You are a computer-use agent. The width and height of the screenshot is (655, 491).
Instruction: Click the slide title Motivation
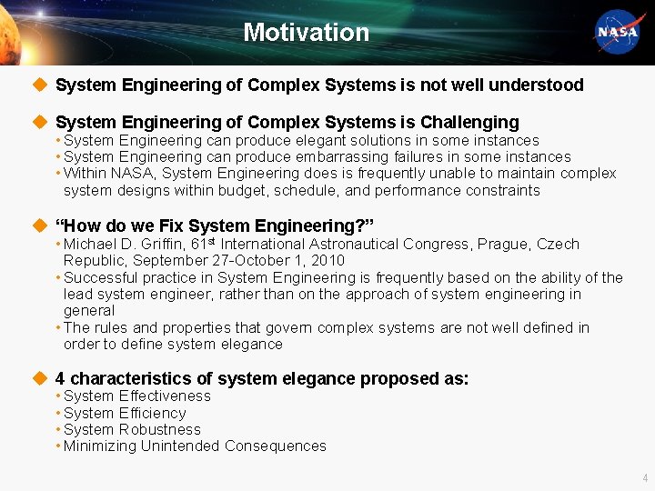(x=306, y=33)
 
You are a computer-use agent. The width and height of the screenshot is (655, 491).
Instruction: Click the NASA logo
(x=619, y=33)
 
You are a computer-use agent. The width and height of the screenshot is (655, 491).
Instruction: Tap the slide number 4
(x=645, y=477)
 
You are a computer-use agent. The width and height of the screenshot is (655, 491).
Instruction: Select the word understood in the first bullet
(x=536, y=85)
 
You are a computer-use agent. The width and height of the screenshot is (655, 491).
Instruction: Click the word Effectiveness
(x=164, y=396)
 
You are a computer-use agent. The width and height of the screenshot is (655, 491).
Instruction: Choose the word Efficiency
(x=152, y=413)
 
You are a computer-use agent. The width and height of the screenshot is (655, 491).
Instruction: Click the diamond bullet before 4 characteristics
(x=38, y=378)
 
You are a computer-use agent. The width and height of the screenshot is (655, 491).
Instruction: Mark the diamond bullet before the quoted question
(x=38, y=225)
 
